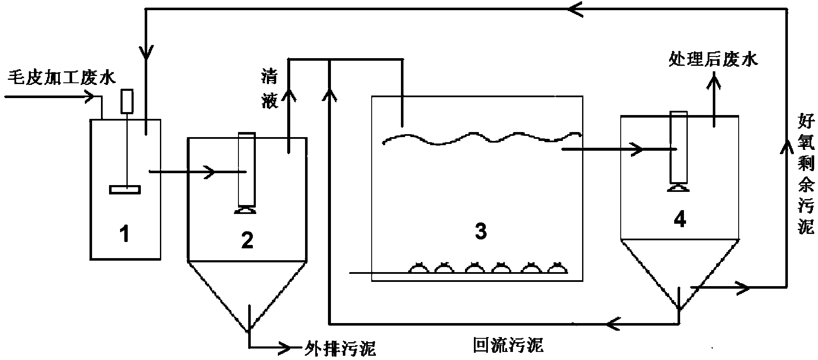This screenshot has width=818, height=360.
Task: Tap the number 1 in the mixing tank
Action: pyautogui.click(x=124, y=234)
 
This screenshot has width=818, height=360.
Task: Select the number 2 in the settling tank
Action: pyautogui.click(x=247, y=240)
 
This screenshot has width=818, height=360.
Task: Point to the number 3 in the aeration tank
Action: pyautogui.click(x=480, y=232)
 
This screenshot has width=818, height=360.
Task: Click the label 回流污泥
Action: pyautogui.click(x=508, y=345)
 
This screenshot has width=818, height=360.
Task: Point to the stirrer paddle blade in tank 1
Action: pyautogui.click(x=125, y=190)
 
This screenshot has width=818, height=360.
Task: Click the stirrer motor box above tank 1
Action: pyautogui.click(x=126, y=101)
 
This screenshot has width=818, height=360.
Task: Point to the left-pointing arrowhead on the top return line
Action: pyautogui.click(x=576, y=8)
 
